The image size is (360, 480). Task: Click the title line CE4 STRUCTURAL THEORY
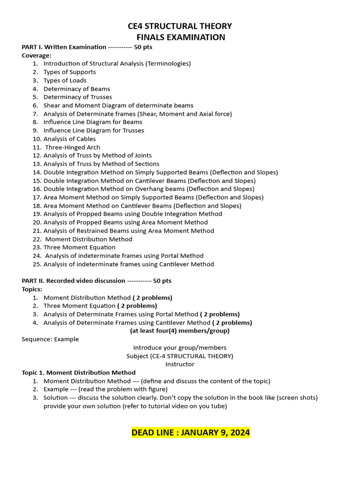click(180, 26)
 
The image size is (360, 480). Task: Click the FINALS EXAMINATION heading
click(180, 37)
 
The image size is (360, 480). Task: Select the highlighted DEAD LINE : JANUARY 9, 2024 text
click(190, 432)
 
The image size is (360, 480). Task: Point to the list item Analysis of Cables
click(69, 139)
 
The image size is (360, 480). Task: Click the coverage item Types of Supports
click(69, 72)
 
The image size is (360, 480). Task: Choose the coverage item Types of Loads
click(65, 80)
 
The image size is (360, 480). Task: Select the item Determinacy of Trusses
click(77, 97)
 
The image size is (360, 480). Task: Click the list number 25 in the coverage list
click(37, 264)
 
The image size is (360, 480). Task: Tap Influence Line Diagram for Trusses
click(94, 130)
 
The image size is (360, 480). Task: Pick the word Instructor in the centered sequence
click(180, 364)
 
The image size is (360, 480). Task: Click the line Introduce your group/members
click(180, 347)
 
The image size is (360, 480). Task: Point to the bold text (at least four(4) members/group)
click(180, 330)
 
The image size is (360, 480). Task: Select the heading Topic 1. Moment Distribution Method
click(79, 373)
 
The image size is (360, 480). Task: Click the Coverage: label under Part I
click(37, 55)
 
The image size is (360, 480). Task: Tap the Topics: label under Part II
click(32, 289)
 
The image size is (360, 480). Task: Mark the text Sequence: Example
click(50, 339)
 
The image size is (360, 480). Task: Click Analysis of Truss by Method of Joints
click(97, 155)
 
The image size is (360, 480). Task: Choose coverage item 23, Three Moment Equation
click(79, 247)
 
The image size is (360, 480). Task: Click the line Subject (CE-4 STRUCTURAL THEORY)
click(180, 356)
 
